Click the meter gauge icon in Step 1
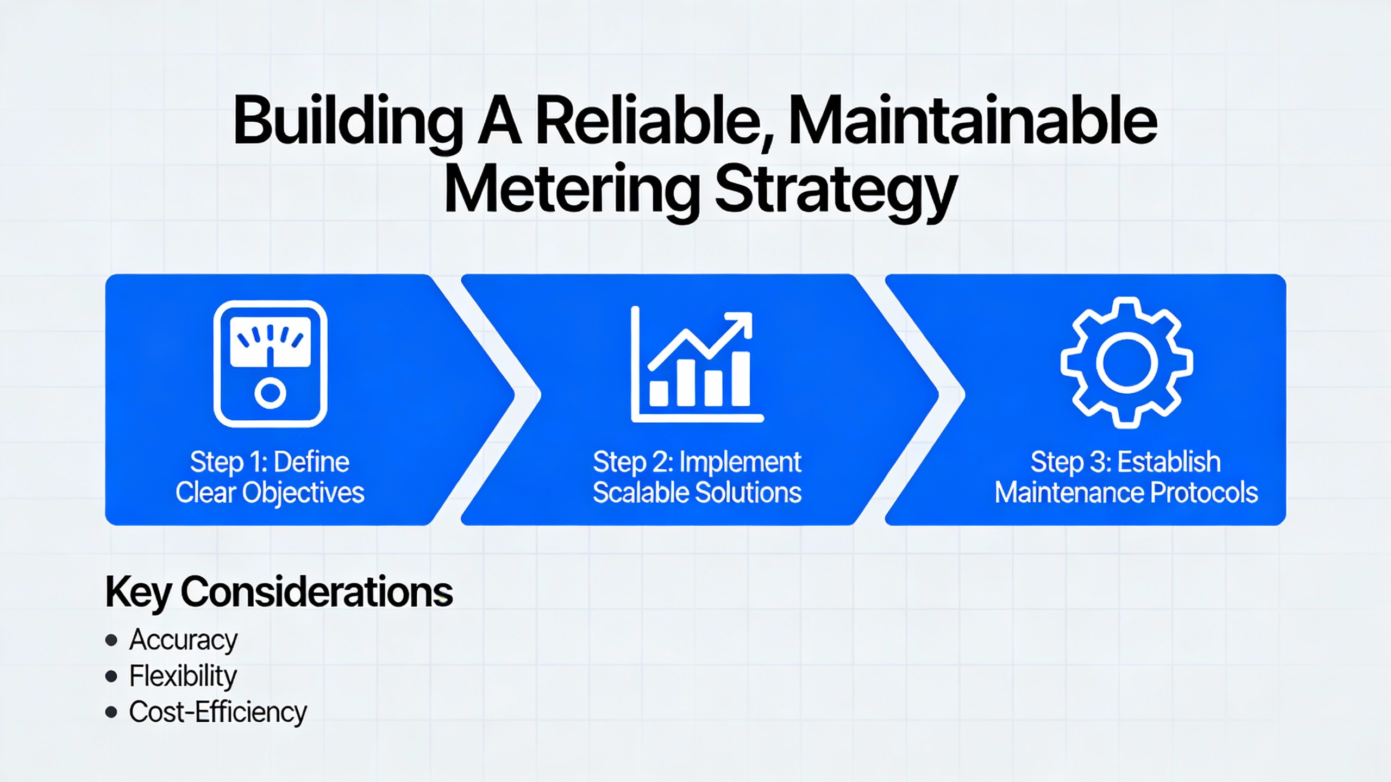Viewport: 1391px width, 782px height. tap(270, 363)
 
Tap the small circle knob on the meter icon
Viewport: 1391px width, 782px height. tap(270, 393)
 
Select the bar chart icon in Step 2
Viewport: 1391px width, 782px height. tap(697, 364)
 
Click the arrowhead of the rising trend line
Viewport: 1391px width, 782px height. tap(742, 323)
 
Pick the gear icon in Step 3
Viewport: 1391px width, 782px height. tap(1126, 363)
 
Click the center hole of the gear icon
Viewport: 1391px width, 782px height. tap(1126, 363)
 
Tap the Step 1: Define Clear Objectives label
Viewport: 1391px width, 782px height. tap(270, 477)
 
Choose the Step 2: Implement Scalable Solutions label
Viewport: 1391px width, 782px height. tap(697, 477)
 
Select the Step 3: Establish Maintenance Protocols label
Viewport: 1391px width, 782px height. tap(1126, 477)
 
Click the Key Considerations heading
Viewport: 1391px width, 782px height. tap(279, 592)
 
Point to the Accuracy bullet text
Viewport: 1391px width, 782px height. tap(183, 640)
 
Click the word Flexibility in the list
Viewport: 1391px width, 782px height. tap(183, 676)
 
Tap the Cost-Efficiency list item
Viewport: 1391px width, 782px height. tap(218, 712)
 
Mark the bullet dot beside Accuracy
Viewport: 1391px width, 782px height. tap(111, 640)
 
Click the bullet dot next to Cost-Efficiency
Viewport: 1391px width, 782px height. tap(111, 712)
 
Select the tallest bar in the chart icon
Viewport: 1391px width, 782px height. tap(741, 379)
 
